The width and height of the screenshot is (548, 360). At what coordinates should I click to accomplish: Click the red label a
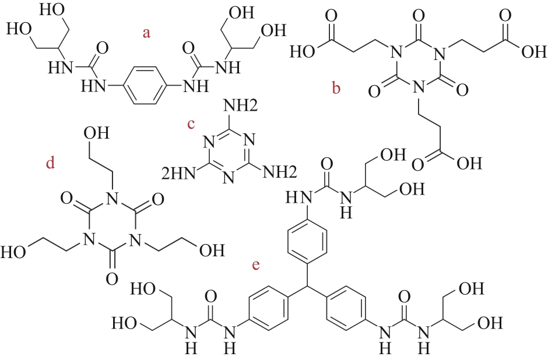147,33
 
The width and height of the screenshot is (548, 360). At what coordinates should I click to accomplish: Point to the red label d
50,164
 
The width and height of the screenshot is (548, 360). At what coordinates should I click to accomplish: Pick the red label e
255,266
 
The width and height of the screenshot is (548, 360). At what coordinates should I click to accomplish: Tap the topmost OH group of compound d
95,133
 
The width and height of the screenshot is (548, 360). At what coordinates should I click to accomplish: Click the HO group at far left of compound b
304,52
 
